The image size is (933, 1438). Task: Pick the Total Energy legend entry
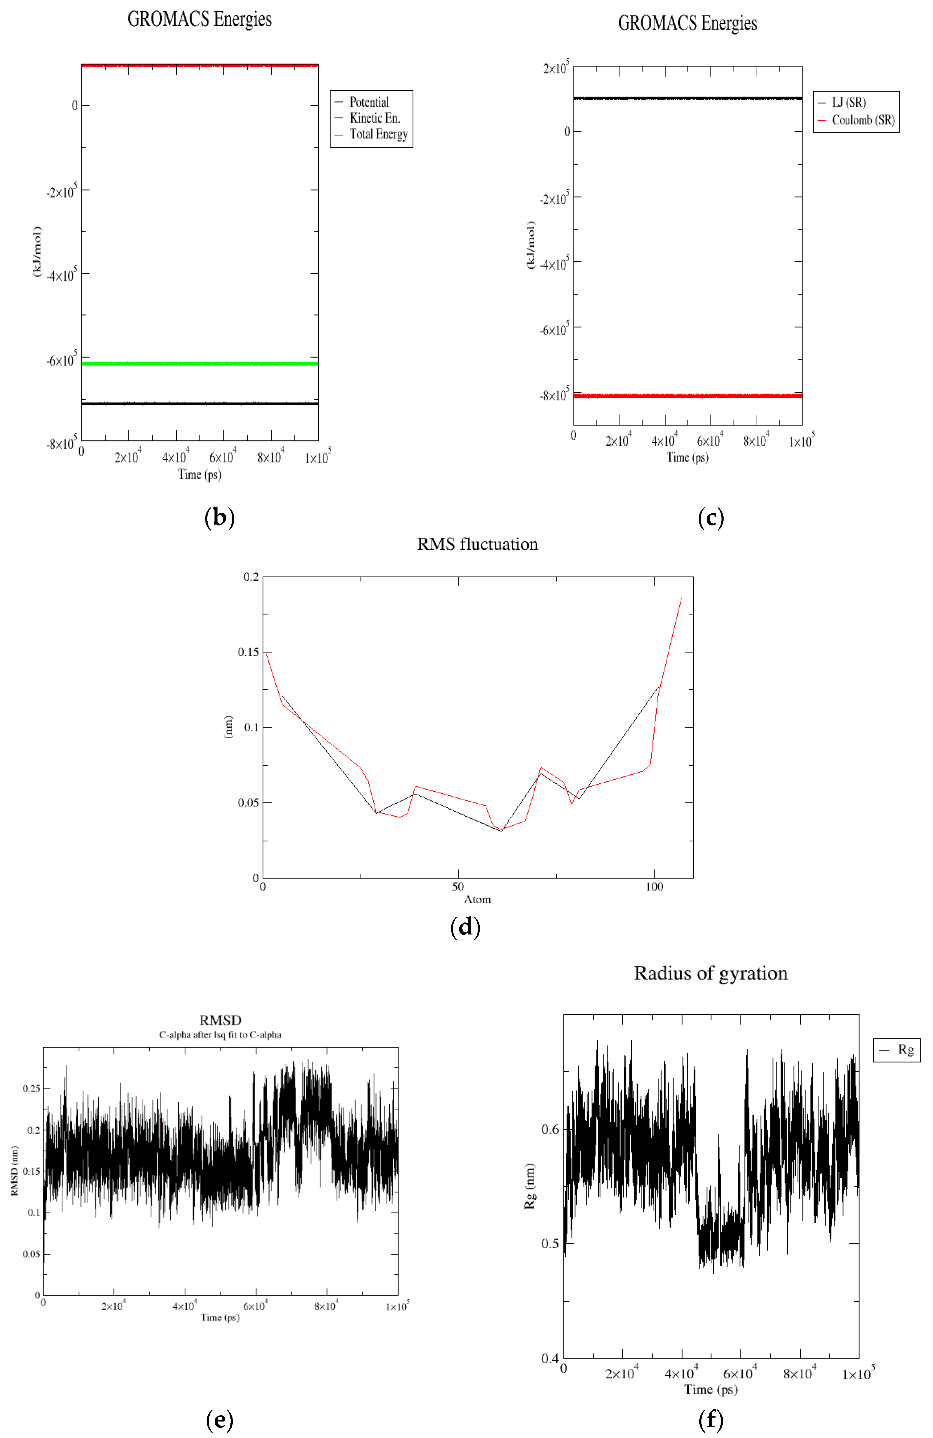pos(378,134)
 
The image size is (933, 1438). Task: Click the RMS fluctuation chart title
pos(477,544)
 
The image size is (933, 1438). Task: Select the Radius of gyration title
pos(711,973)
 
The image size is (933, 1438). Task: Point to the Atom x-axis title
pos(477,900)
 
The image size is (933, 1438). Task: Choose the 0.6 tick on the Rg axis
pos(550,1129)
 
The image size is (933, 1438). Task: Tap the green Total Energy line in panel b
pos(199,364)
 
